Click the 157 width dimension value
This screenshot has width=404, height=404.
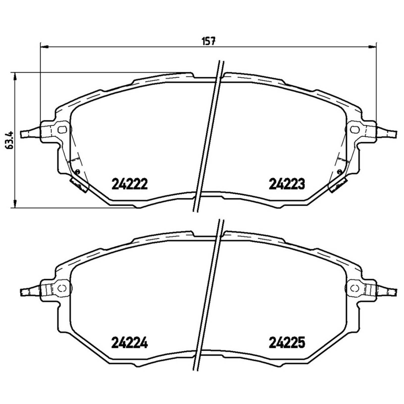209,41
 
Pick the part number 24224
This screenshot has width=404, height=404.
129,343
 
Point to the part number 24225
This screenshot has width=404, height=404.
287,343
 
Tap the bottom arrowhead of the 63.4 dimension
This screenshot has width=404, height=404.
15,204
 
